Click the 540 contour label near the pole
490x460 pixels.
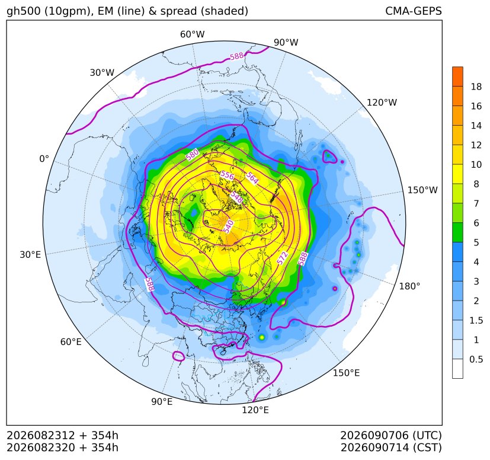(229, 226)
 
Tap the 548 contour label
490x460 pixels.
(236, 197)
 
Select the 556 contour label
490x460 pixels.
(227, 175)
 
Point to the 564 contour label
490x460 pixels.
(252, 178)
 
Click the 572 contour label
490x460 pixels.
(283, 258)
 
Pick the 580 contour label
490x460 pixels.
(192, 155)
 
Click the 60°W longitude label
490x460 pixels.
(192, 34)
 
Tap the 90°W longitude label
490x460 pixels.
(286, 42)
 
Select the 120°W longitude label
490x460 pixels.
(382, 103)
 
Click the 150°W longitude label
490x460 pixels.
(422, 190)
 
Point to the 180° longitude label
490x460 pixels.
(409, 286)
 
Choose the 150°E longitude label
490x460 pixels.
(346, 373)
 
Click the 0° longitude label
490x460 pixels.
(44, 159)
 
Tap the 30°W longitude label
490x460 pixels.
(102, 72)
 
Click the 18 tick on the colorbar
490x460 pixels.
(476, 87)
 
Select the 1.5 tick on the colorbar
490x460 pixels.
(476, 320)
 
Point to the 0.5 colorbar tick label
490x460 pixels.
(476, 359)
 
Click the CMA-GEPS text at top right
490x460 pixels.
(414, 11)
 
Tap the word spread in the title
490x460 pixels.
(178, 11)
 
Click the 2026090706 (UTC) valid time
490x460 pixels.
(391, 435)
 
